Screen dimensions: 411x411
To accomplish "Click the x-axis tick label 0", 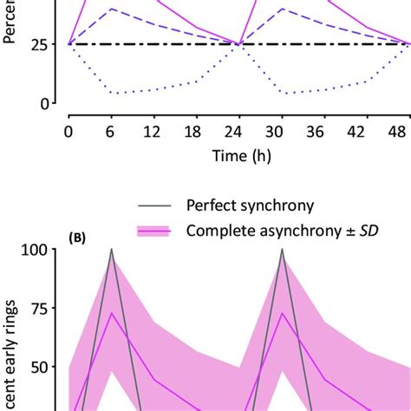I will [68, 131].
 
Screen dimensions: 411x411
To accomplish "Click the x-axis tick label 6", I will [110, 131].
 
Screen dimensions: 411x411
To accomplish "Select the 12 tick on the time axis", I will [153, 131].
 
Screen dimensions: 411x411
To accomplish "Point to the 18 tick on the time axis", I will [195, 131].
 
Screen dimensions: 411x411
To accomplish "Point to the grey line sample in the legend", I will [156, 206].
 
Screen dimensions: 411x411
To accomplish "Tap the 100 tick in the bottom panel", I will [39, 250].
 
